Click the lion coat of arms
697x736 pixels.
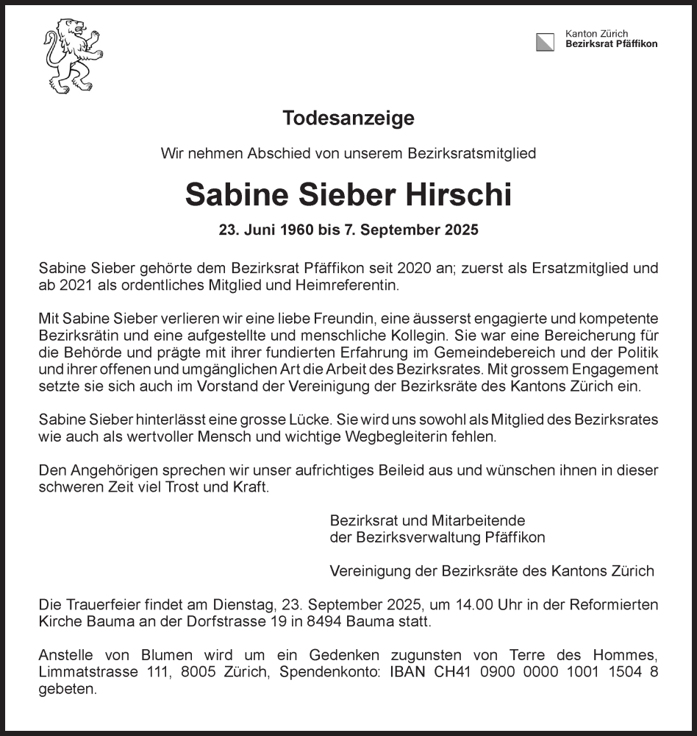[72, 56]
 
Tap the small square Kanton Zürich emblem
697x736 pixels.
[545, 42]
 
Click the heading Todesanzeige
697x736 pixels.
[348, 118]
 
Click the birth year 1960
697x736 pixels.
[298, 230]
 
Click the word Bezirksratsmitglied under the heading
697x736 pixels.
[473, 154]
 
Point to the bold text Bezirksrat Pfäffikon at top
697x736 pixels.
[611, 44]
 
